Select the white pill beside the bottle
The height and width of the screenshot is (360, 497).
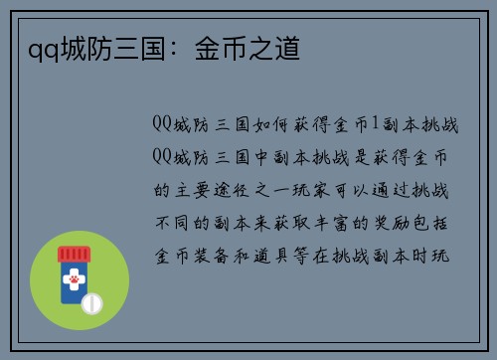[x=92, y=302]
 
